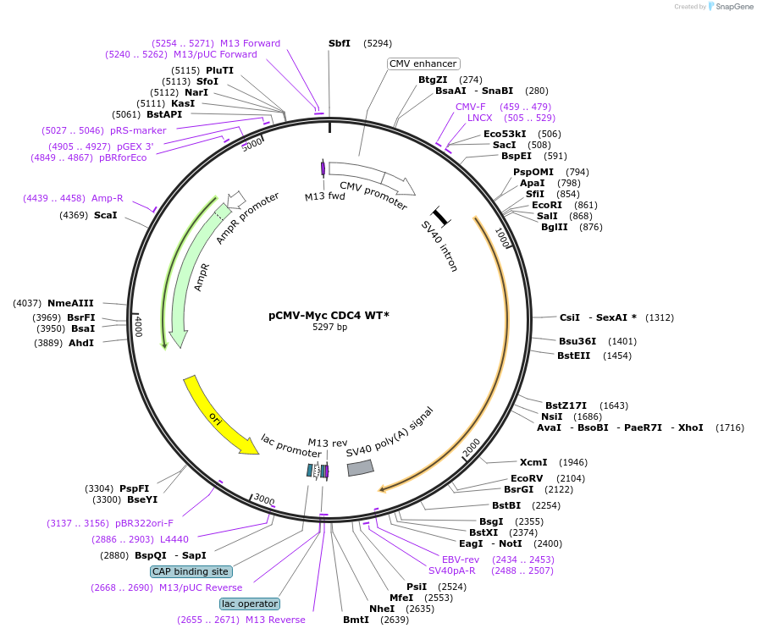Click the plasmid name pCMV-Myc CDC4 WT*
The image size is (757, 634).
point(329,315)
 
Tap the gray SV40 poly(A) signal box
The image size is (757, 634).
point(360,467)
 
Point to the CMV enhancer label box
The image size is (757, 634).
point(423,63)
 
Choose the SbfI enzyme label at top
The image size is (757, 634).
point(340,43)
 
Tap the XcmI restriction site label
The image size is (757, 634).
point(533,462)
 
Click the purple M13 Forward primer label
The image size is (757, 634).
point(250,43)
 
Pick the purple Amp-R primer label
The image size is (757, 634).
point(108,198)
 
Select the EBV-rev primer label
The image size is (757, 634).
point(461,560)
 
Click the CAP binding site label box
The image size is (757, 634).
point(191,571)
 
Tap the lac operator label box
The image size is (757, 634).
point(249,604)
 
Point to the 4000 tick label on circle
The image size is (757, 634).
point(139,327)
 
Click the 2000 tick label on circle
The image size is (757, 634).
point(472,446)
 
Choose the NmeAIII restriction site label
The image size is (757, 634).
point(70,303)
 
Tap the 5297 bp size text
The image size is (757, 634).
point(329,327)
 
